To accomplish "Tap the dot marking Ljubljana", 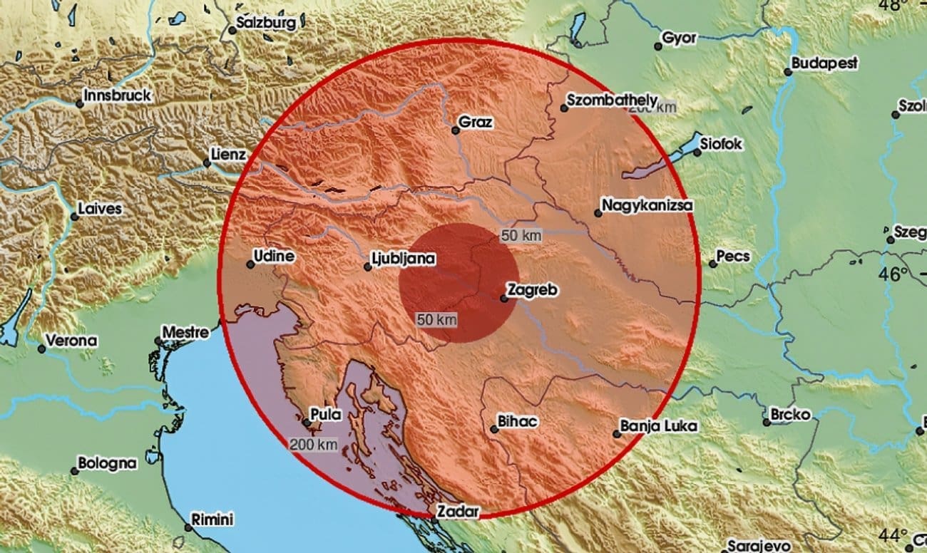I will coord(367,267).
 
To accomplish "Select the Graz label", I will coord(476,122).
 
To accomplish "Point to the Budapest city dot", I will coord(787,71).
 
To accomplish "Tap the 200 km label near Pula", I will coord(313,445).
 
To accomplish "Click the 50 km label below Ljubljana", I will coord(436,320).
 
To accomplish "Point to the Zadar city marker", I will coord(434,520).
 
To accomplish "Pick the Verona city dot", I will coord(41,348).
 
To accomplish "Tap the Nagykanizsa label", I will coord(647,206).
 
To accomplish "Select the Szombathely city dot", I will coord(563,108).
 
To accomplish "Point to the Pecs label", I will coord(733,256).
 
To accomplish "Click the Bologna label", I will coord(107,463).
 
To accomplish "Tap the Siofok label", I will coord(721,144).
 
